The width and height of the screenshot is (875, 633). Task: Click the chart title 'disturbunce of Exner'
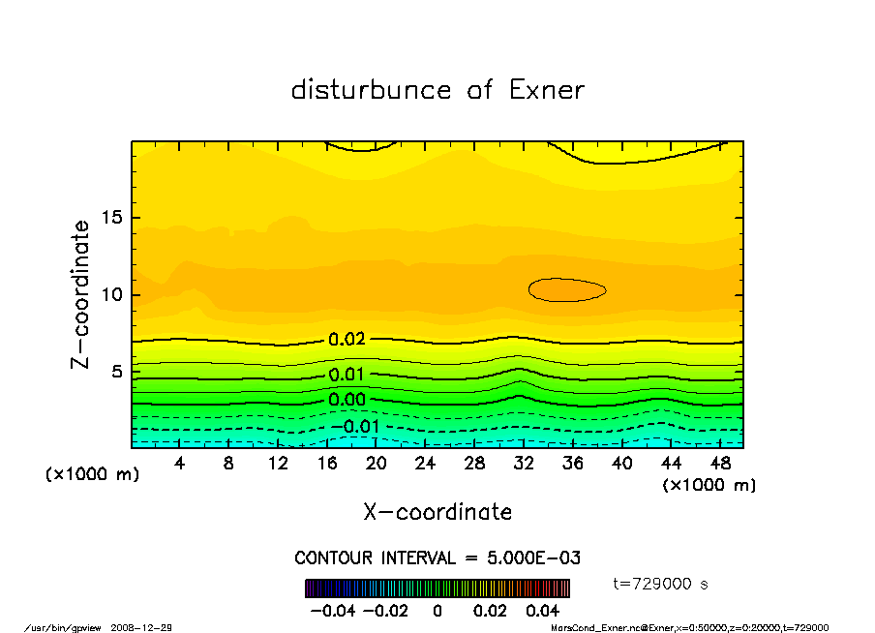(437, 90)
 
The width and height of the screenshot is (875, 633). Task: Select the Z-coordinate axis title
(81, 294)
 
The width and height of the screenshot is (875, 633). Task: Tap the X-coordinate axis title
(437, 512)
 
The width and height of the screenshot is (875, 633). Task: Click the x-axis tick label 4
(179, 464)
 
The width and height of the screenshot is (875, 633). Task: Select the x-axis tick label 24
(425, 464)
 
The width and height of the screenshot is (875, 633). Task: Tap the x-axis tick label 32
(524, 464)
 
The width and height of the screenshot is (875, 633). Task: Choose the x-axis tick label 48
(719, 464)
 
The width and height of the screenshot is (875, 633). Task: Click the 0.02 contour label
(347, 340)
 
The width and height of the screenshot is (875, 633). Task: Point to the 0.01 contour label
(347, 375)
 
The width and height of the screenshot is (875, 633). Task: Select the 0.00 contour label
(347, 399)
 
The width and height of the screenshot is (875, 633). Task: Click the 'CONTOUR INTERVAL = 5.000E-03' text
(437, 558)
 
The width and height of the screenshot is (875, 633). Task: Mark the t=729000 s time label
(661, 584)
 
